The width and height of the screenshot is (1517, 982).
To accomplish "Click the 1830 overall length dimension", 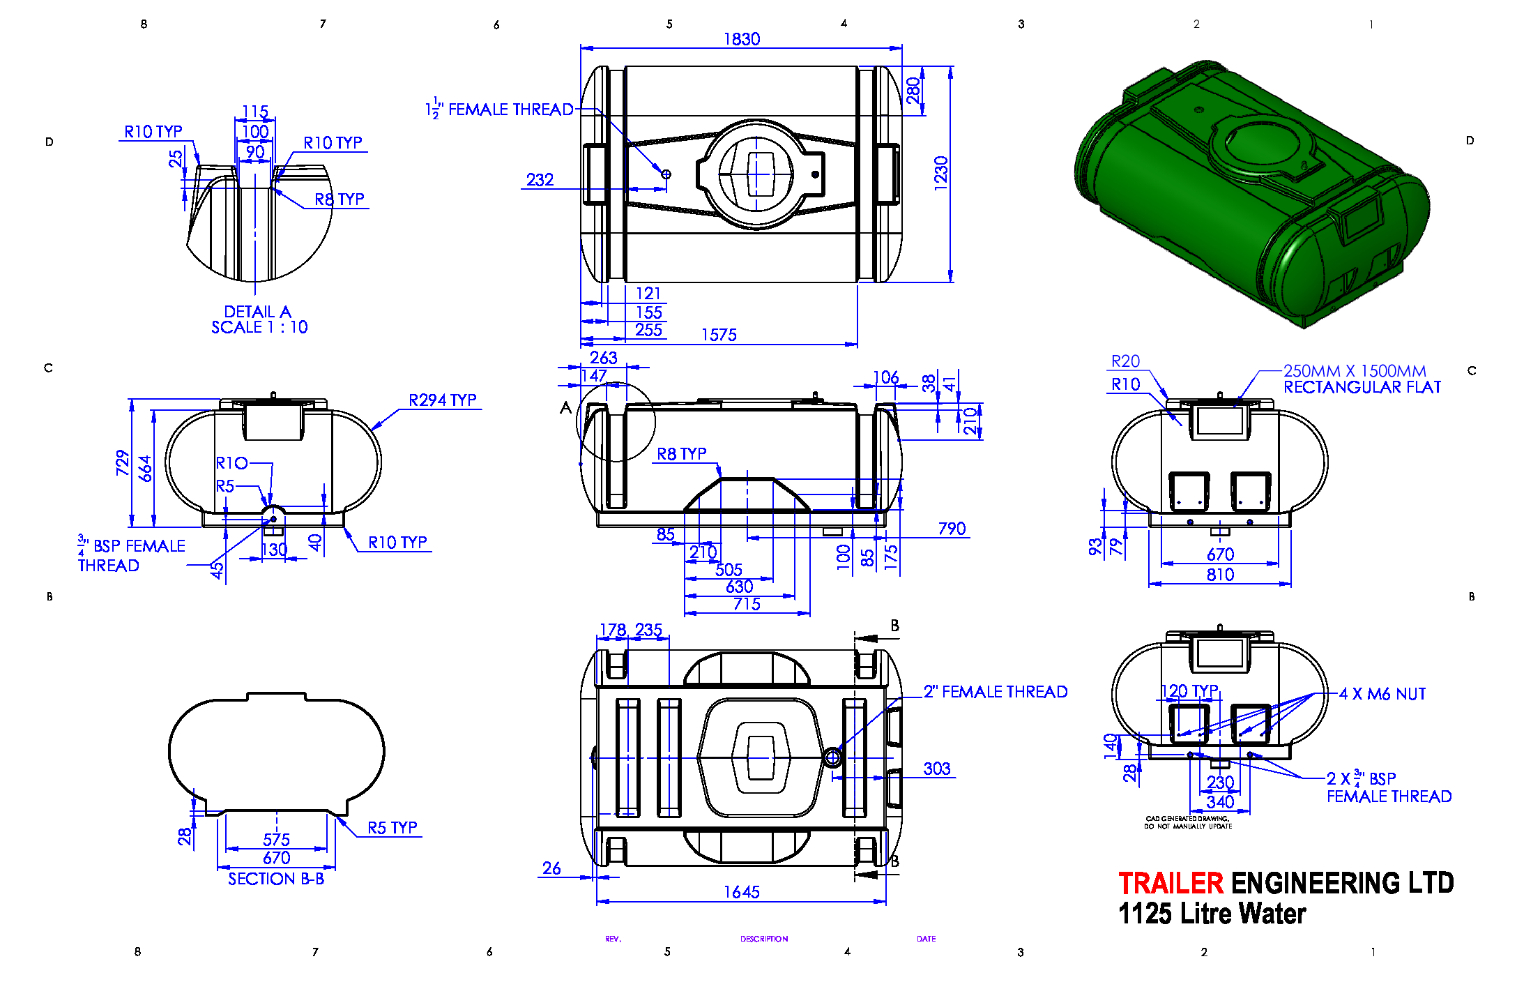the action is coord(742,39).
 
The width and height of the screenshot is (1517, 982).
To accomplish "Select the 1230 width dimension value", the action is coord(941,173).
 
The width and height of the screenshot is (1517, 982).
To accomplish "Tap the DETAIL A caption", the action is coord(257,311).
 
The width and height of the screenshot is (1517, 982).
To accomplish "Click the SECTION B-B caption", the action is coord(276,879).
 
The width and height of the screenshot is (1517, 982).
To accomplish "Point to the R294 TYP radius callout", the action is coord(443,400).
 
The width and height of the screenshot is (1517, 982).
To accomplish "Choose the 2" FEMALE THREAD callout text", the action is coord(996,691).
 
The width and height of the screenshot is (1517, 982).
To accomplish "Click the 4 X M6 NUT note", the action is coord(1382,694).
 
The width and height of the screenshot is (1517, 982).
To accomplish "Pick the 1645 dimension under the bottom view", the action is coord(742,892).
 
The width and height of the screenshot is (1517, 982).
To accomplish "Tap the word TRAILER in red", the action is coord(1171,883).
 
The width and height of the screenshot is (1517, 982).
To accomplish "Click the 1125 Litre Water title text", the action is coord(1212,914).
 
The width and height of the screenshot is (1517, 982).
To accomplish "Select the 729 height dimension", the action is coord(123,462).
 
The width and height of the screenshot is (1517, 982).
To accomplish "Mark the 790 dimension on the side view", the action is coord(952,529).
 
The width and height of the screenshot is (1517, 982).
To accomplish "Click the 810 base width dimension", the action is coord(1221,575).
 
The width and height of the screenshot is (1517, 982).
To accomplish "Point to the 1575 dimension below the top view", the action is coord(719,335).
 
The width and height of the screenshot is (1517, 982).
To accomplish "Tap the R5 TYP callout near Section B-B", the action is coord(392,827).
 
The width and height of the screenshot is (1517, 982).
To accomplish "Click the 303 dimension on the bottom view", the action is coord(937,769).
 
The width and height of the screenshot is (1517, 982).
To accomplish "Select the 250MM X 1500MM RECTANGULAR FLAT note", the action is coord(1362,379).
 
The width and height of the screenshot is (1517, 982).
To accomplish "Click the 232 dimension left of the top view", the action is coord(540,180).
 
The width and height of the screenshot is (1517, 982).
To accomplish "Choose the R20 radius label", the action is coord(1126,361).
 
